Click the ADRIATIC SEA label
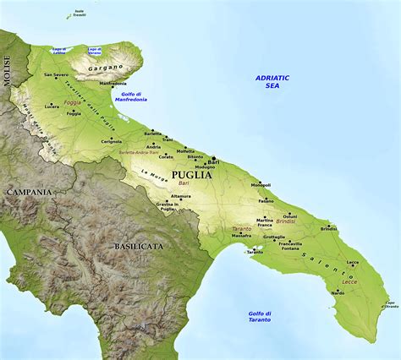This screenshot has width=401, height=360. coord(272,81)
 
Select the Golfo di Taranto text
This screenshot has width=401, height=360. coord(259,316)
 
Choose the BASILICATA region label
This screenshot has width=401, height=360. coord(140,246)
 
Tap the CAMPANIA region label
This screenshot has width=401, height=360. coord(30,192)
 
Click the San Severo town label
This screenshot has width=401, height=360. coord(56,75)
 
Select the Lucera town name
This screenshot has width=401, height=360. coord(52,107)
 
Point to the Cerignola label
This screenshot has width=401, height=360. coord(111,141)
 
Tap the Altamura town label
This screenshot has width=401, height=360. coord(181,196)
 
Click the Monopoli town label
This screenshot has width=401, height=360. coord(261,184)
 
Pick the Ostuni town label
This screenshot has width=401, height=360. coord(289,215)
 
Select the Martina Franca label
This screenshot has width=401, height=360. coord(265,223)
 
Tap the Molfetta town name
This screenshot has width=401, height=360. coord(185,150)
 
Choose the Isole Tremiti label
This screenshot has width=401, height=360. coord(79,12)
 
